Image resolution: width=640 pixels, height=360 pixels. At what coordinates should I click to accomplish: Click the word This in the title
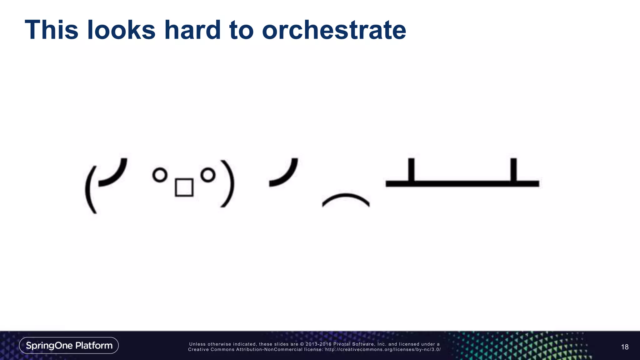(51, 30)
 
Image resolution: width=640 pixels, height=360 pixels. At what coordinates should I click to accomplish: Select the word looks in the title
(121, 30)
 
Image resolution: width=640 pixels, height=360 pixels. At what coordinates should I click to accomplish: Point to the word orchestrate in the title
(334, 31)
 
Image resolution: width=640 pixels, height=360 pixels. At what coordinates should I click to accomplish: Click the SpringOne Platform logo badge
(69, 345)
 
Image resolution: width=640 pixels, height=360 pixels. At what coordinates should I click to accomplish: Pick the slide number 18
(625, 347)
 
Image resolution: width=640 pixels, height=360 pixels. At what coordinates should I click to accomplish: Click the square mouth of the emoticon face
(184, 187)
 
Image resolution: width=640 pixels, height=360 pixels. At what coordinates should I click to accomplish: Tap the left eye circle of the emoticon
(160, 175)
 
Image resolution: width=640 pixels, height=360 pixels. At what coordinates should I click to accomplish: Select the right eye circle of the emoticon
(208, 175)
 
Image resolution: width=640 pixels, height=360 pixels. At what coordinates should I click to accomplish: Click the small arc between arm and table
(346, 199)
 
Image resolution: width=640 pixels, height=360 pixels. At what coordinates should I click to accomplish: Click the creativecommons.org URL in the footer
(383, 349)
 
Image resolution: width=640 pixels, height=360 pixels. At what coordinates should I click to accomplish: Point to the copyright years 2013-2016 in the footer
(318, 344)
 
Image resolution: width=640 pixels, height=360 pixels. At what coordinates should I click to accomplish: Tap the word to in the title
(240, 31)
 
